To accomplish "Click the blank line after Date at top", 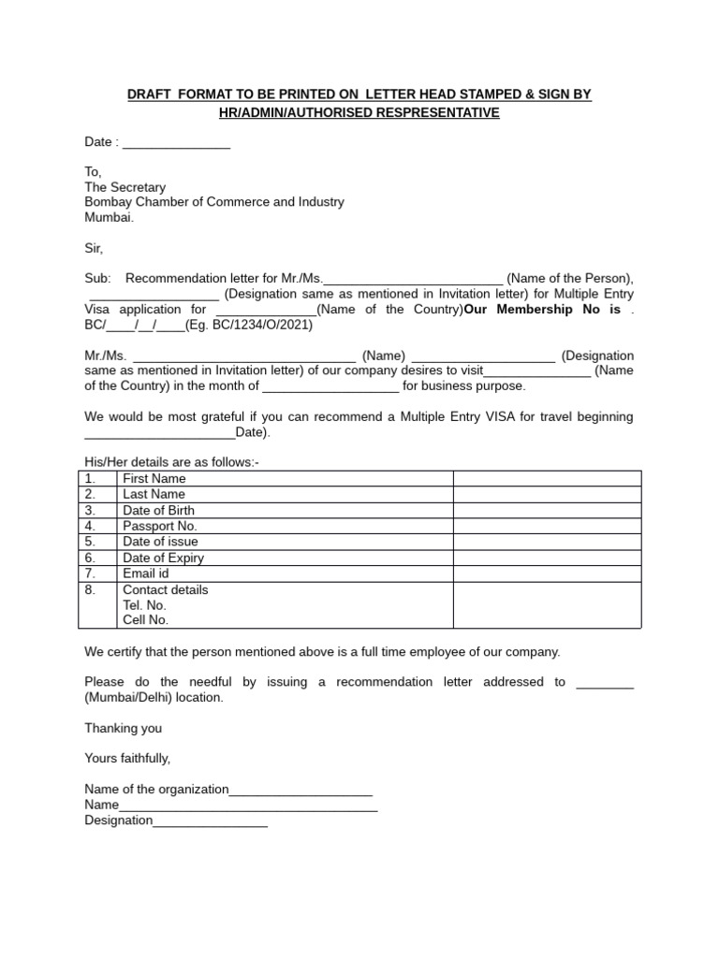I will tap(176, 143).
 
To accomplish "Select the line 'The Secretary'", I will tap(125, 187).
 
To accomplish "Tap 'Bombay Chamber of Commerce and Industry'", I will tap(214, 202).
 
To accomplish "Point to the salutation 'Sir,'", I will tap(94, 249).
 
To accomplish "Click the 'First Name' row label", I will tap(154, 479).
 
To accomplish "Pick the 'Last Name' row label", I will tap(154, 494).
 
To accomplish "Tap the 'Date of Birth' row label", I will tap(159, 511).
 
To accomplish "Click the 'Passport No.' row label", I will tap(160, 527).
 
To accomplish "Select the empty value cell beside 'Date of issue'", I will tap(547, 542).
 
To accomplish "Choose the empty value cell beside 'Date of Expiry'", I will tap(547, 559).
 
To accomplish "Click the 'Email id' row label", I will tap(146, 573).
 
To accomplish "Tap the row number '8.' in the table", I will tap(90, 590).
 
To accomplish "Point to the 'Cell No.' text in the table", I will tap(146, 619).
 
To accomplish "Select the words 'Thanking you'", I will tap(124, 728).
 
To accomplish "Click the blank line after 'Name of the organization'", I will tap(301, 791).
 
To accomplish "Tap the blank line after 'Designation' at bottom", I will tap(210, 821).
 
